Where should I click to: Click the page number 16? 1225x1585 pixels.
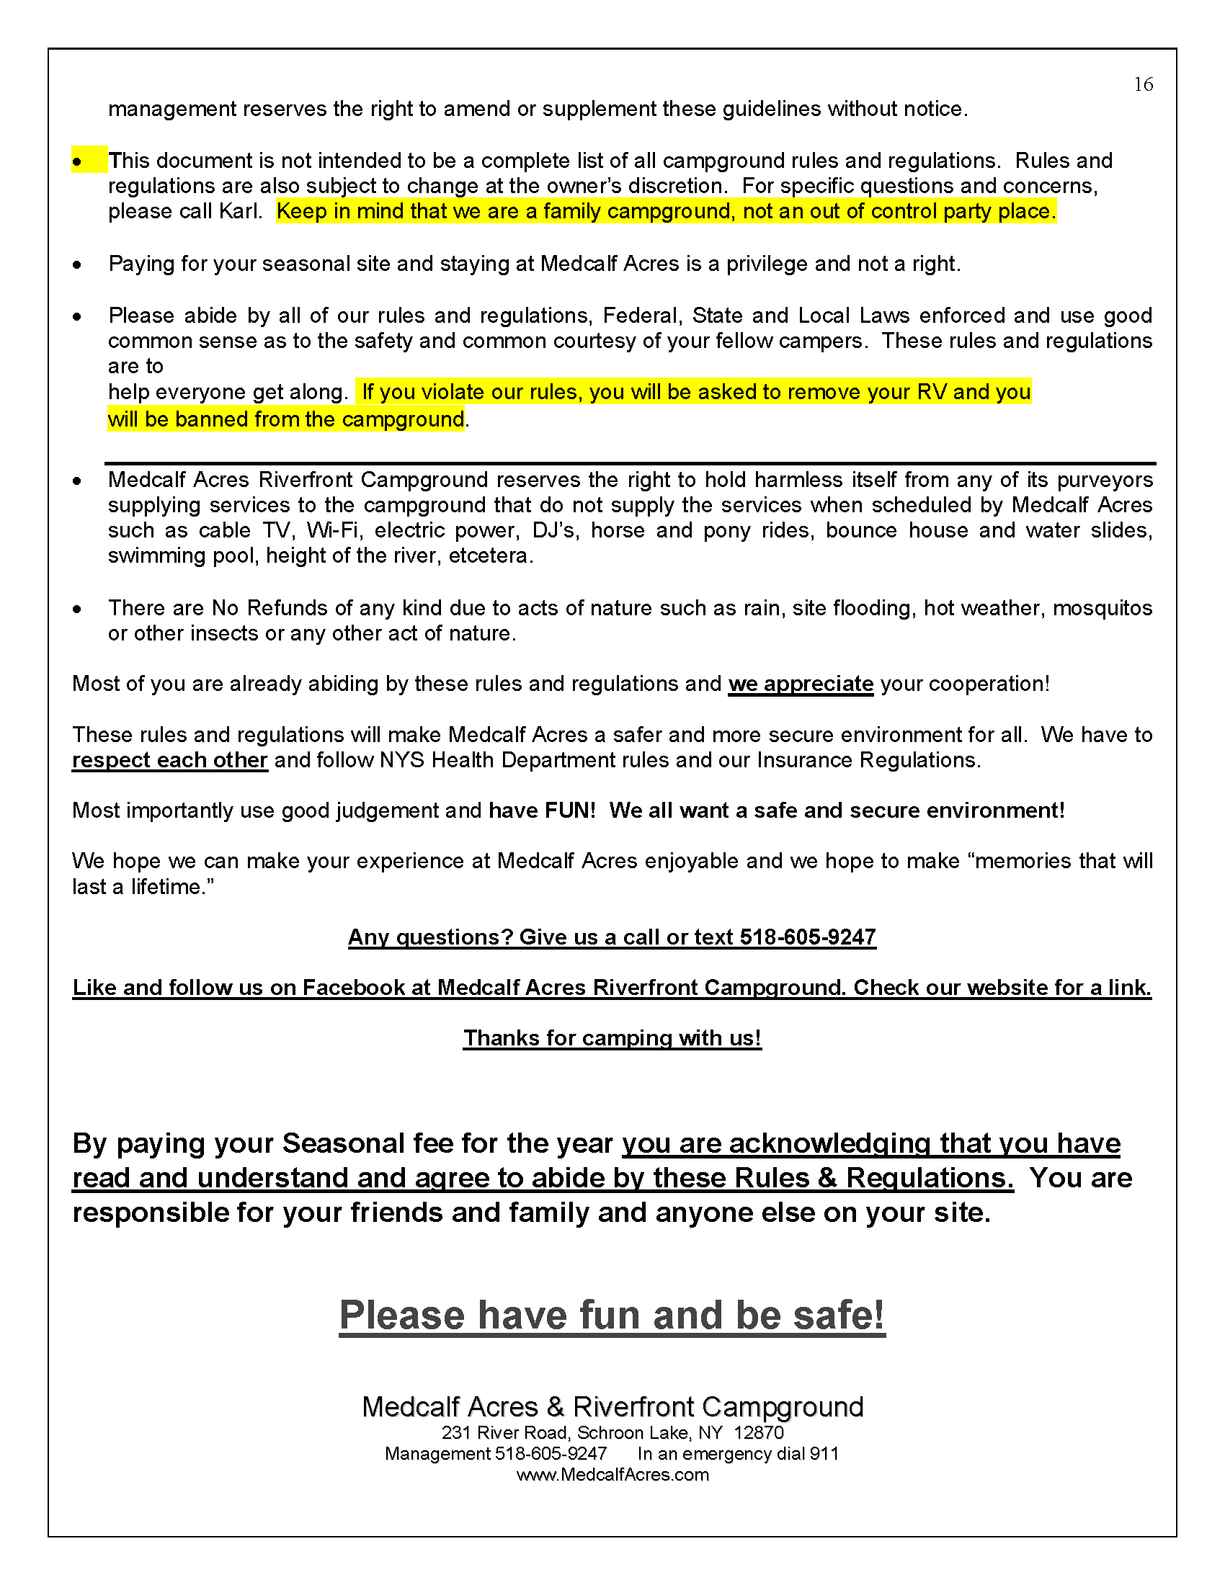tap(1143, 85)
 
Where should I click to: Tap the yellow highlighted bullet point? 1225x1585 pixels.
tap(78, 161)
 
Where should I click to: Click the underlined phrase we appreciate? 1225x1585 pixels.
tap(801, 684)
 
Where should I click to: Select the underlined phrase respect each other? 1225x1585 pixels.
tap(170, 760)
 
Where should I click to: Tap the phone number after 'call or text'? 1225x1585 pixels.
tap(808, 937)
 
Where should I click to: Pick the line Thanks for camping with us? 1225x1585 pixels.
tap(612, 1038)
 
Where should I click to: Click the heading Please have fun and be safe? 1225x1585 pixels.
tap(612, 1315)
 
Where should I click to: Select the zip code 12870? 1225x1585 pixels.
tap(758, 1432)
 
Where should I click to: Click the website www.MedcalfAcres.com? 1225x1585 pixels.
tap(612, 1475)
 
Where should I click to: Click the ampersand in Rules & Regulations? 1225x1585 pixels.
tap(827, 1178)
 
